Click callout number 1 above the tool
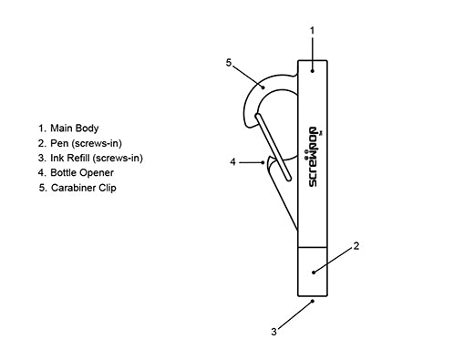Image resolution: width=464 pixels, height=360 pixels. pos(312,30)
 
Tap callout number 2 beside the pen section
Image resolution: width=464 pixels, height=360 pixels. pos(356,246)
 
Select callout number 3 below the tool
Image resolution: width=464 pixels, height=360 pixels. pos(273,332)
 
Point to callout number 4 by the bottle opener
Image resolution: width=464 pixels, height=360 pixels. pos(232,162)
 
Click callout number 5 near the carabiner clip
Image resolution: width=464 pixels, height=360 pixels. pos(229,63)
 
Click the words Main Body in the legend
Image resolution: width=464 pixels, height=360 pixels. pos(75,129)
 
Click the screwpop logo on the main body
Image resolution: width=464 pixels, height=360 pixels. pos(314,157)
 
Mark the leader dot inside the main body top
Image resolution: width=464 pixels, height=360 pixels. pos(312,71)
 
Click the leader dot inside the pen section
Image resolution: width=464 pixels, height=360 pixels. pos(314,273)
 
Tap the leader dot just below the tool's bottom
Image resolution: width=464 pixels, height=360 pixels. pos(313,302)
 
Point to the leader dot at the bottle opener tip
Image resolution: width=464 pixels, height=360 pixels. pos(263,162)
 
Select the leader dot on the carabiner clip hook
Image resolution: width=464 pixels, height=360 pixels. pos(263,87)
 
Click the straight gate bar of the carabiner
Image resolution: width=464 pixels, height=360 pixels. pos(273,147)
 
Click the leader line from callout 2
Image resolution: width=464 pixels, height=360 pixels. pos(334,260)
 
